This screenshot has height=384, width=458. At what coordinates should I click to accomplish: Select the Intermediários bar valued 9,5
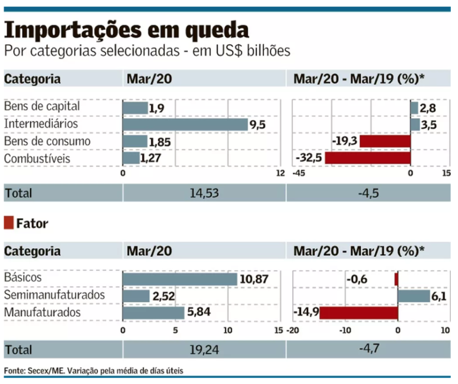(185, 124)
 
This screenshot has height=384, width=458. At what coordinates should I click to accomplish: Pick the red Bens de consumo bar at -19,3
(385, 141)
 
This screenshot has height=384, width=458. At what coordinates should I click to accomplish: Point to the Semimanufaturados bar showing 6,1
(413, 296)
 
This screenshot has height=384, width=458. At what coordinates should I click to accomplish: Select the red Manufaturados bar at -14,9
(358, 312)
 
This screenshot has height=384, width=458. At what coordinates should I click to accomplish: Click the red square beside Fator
(8, 224)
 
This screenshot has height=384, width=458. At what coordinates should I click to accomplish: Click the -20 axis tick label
(293, 330)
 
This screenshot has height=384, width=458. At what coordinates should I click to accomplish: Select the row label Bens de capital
(41, 106)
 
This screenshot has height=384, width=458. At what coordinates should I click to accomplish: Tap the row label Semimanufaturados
(54, 295)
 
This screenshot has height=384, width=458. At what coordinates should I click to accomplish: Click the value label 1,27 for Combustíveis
(151, 158)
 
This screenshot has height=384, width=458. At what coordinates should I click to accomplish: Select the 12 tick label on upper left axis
(280, 174)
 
